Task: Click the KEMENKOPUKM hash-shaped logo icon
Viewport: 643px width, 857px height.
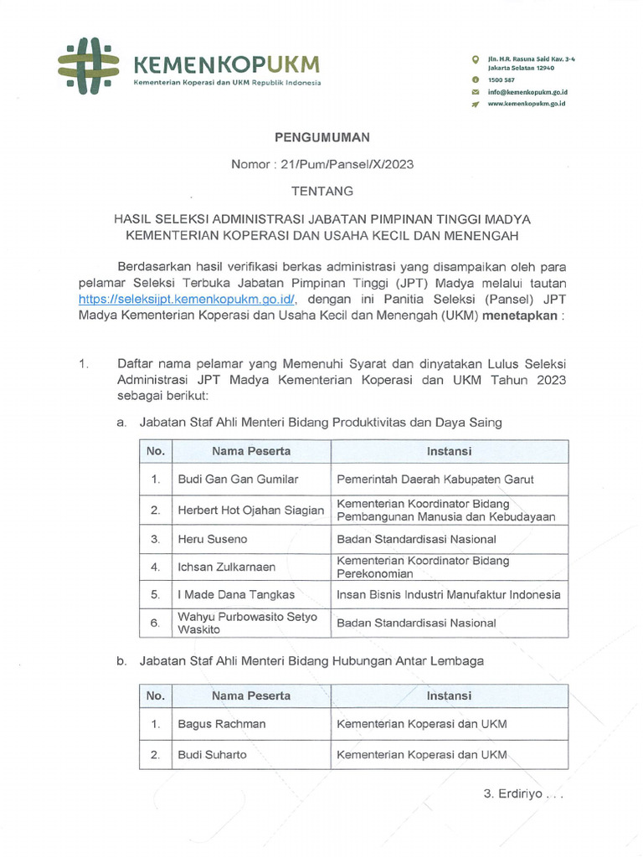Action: tap(89, 65)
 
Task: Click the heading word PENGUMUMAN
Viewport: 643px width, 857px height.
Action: tap(322, 136)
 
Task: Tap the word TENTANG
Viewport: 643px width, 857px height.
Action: tap(322, 191)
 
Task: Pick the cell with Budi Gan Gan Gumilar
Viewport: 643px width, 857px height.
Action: tap(239, 480)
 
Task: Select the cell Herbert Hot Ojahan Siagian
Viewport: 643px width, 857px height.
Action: tap(250, 510)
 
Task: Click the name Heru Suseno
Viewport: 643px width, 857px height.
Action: tap(213, 540)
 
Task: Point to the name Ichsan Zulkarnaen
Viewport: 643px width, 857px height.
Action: tap(227, 567)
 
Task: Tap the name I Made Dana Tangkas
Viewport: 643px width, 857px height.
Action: tap(236, 594)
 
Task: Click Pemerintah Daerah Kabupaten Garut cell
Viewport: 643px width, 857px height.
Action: tap(435, 480)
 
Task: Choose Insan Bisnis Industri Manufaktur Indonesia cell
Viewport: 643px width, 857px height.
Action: tap(448, 594)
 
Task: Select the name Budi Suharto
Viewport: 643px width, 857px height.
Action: tap(213, 754)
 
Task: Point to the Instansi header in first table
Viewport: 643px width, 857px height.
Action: tap(449, 451)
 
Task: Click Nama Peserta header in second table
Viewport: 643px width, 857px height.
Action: tap(251, 695)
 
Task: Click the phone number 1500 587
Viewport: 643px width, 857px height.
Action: tap(503, 79)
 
